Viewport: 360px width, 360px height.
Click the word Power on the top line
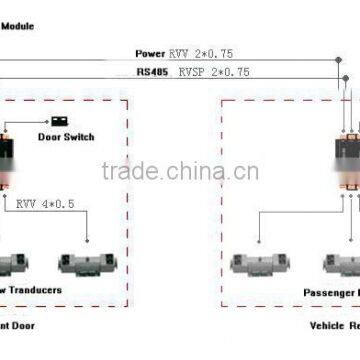(150, 53)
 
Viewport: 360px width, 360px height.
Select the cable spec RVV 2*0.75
(200, 53)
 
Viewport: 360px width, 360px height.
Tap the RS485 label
(153, 72)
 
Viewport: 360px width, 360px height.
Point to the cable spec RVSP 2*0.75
(214, 72)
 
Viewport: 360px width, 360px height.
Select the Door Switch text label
(65, 137)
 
